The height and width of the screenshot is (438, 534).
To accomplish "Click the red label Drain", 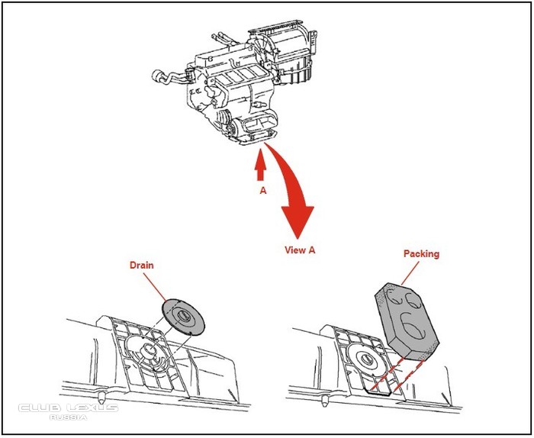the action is tap(142, 265).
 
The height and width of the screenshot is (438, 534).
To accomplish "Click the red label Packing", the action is tap(421, 254).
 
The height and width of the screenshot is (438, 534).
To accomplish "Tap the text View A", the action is tap(300, 250).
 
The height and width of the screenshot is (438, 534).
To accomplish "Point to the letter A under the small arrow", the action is tap(263, 191).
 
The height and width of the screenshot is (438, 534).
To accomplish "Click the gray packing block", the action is tap(407, 321).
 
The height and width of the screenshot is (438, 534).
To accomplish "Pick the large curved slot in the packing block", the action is tap(413, 327).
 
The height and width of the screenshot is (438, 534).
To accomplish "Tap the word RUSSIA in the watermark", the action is tap(68, 417).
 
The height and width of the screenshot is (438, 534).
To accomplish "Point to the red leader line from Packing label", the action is tap(410, 273).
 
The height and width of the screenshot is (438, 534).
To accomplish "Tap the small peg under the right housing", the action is tap(324, 401).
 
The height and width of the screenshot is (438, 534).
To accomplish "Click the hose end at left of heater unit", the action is tap(158, 76).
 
